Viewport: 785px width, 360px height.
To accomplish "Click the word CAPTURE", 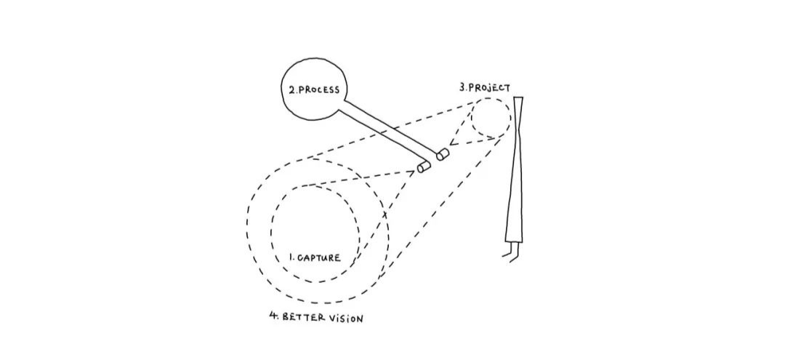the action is tap(319, 258).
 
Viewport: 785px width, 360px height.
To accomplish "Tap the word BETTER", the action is tap(302, 318).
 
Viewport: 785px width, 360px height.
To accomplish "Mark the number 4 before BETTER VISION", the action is tap(273, 317).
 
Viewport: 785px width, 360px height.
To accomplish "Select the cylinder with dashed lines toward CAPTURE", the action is tap(424, 167).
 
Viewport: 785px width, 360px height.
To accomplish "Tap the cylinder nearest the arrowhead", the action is tap(443, 153).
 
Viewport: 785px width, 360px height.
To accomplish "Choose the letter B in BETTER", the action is tap(286, 318).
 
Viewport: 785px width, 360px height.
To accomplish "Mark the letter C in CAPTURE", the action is tap(299, 258).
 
